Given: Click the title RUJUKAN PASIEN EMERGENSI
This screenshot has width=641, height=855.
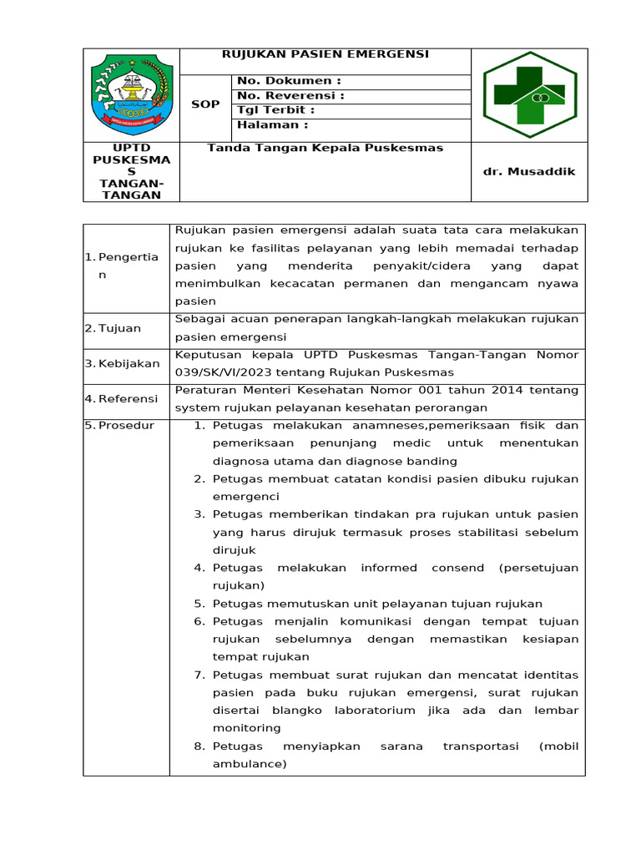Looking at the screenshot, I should tap(325, 54).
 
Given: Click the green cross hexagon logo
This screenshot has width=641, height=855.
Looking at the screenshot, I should tap(529, 94).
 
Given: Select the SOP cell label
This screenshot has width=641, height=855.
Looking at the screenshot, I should tap(204, 104).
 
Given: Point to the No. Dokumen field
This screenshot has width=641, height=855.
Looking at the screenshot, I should tap(289, 81).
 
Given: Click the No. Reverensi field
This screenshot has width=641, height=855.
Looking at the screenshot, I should tap(290, 96).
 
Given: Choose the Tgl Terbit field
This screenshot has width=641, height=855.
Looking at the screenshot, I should tap(275, 110).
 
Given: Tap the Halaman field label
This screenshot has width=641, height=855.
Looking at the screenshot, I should tap(272, 125).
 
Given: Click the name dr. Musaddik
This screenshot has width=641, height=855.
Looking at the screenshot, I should tap(529, 172).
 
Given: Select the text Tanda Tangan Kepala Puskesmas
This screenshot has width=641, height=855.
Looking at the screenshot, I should tap(325, 149).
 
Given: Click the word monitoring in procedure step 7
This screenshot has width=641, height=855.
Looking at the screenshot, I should tap(246, 728).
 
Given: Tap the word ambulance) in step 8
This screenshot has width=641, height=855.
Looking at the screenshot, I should tap(250, 764).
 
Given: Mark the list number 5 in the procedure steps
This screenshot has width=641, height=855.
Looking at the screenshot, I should tap(199, 604).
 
